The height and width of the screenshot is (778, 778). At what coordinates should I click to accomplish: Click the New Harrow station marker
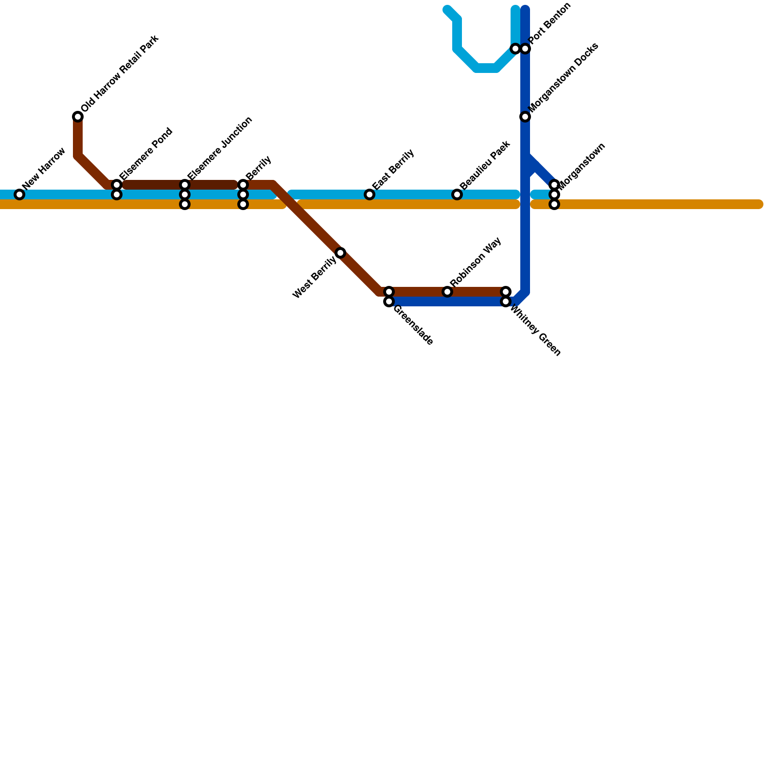tap(19, 194)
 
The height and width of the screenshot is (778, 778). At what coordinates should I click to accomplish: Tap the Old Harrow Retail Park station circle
tap(78, 117)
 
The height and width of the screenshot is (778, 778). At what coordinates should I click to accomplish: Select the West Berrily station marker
tap(340, 252)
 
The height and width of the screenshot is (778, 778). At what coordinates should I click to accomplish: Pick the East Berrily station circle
tap(370, 194)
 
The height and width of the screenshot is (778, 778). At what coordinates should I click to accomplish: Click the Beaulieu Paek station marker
tap(457, 194)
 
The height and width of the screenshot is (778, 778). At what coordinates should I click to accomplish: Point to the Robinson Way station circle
tap(447, 292)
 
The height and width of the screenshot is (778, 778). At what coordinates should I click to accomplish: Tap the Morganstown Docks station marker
tap(525, 117)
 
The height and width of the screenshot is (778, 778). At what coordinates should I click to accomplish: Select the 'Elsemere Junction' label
tap(220, 148)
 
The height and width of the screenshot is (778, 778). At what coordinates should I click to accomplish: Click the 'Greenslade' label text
tap(413, 325)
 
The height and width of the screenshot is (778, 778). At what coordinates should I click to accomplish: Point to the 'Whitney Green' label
tap(535, 331)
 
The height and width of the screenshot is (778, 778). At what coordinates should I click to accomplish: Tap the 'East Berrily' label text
tap(393, 170)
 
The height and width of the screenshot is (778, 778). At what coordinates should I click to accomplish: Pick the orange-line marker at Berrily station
tap(243, 204)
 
